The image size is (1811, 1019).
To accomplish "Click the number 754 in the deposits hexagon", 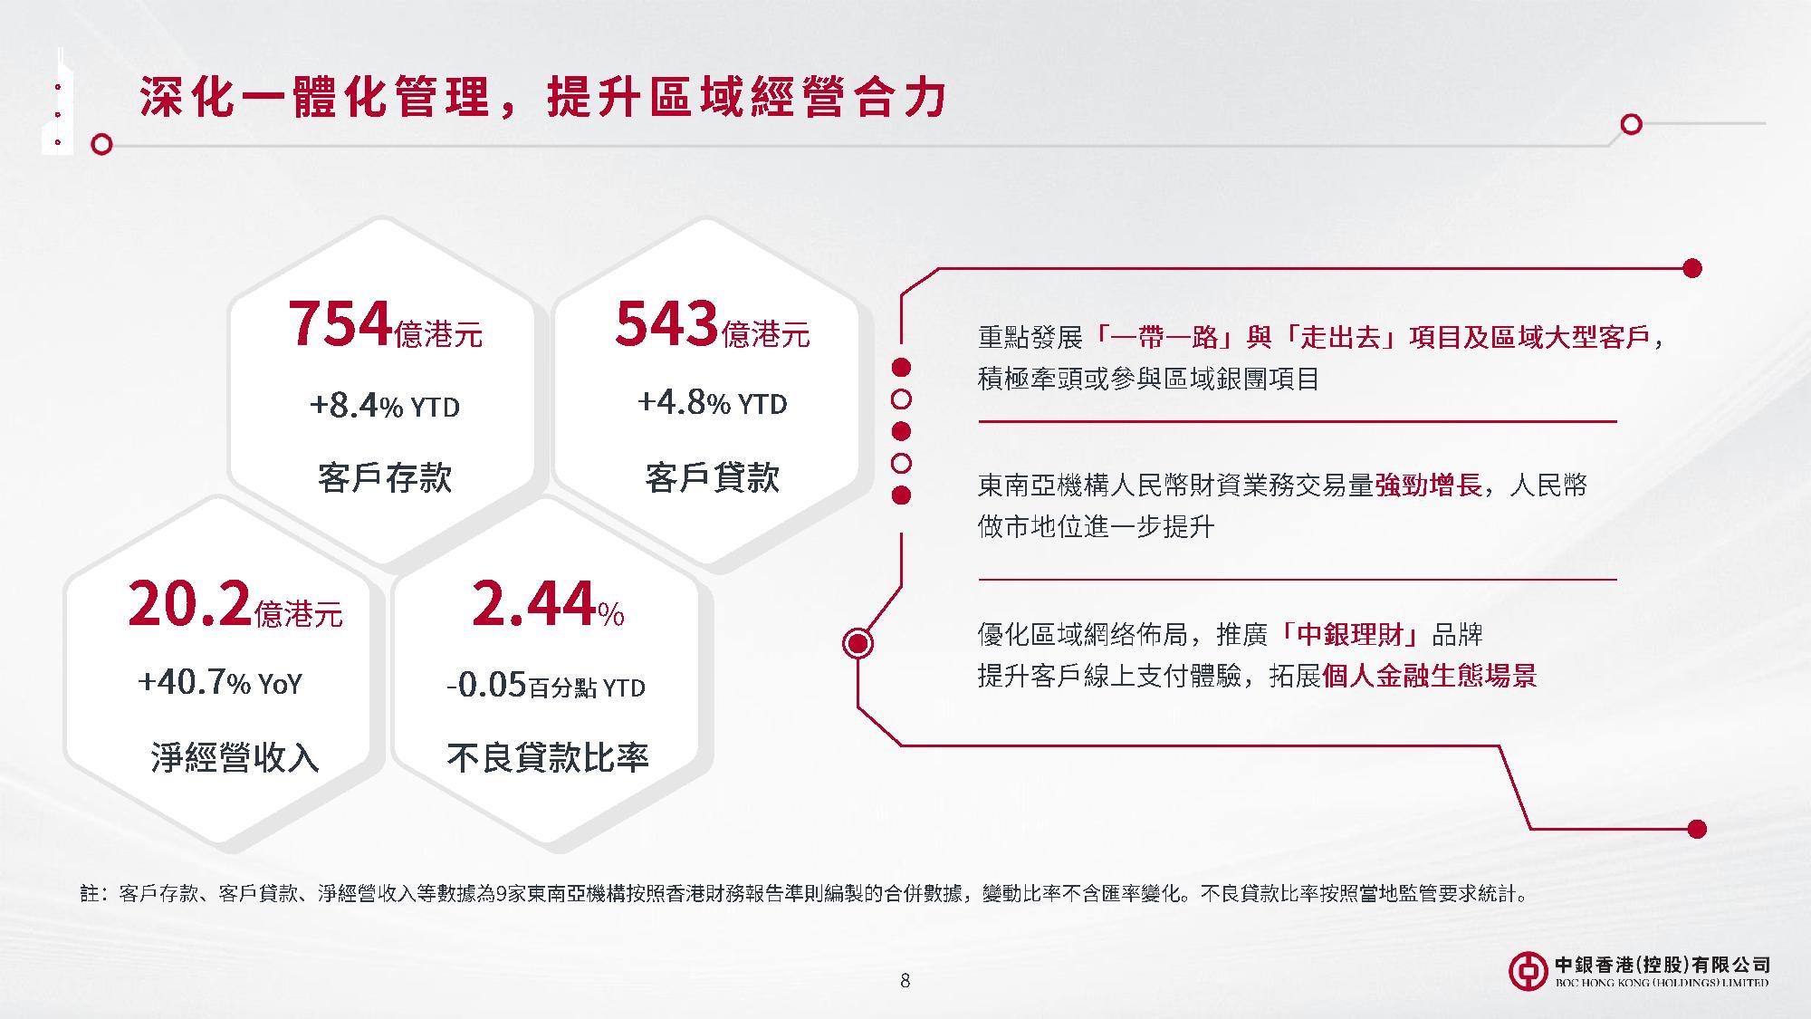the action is pos(340,324).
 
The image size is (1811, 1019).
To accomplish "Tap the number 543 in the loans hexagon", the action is pos(666,324).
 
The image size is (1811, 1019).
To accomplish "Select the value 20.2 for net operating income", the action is pos(189,604).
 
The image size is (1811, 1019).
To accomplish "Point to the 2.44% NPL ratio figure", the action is pos(548,604).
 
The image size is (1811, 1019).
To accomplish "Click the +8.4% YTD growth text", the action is pos(385,406).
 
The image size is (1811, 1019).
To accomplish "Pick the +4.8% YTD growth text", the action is pos(713,403).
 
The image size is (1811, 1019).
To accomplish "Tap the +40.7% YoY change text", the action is pos(220,682).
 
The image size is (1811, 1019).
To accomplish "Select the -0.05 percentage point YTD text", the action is pos(546,686).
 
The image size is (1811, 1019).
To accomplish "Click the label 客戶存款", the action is pos(385,477).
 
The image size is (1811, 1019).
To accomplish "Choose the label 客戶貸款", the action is pos(713,477).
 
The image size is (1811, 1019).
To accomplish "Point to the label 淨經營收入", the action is pos(235,757).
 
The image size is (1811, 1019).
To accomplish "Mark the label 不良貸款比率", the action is pos(548,757).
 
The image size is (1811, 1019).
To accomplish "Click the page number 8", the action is pos(905,980).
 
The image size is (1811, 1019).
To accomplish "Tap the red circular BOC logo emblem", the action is pos(1528,970).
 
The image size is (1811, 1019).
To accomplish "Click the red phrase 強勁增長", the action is pos(1428,485).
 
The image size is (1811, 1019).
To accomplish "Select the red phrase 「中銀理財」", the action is pos(1349,634).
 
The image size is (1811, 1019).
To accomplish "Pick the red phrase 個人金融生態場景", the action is pos(1429,676).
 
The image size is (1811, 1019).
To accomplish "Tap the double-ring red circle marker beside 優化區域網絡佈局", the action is pos(858,643).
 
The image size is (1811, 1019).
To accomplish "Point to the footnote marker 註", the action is pos(90,894).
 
